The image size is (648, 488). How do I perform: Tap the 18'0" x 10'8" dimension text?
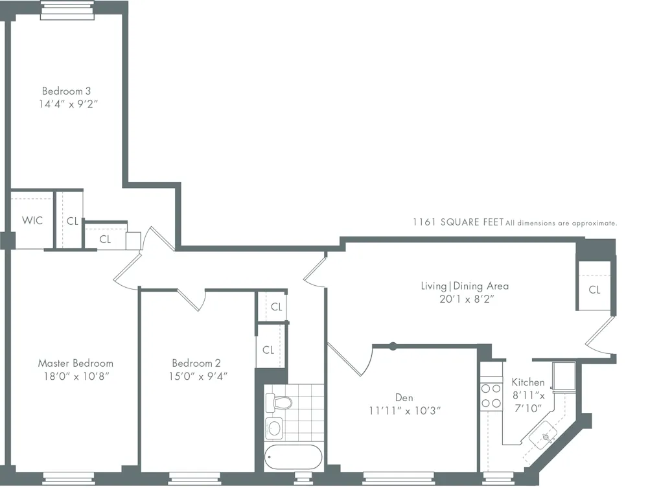75,376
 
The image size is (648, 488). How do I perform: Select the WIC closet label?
32,220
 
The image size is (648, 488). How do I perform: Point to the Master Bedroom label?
75,363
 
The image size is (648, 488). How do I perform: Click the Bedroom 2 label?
196,363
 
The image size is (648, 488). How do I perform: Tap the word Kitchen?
528,382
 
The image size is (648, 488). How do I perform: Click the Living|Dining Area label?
463,286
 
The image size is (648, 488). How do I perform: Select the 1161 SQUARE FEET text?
458,222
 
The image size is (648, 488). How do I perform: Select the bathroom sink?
275,428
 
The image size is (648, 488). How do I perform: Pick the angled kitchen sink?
544,437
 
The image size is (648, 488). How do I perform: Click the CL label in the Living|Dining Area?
594,290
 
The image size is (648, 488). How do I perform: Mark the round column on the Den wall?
392,346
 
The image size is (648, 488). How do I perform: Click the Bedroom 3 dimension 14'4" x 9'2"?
71,103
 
